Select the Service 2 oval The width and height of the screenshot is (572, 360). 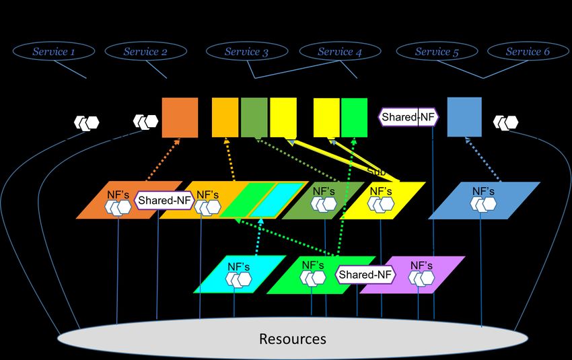coord(145,51)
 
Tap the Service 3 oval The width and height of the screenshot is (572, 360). coord(246,51)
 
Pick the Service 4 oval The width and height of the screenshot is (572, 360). coord(339,51)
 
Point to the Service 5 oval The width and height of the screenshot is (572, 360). coord(437,51)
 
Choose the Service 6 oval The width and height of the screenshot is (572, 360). coord(528,51)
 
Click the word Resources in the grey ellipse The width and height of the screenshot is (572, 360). coord(293,338)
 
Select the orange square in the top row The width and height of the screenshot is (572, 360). coord(180,118)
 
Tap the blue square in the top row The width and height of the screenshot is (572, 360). coord(464,117)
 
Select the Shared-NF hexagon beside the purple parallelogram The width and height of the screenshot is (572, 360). coord(365,275)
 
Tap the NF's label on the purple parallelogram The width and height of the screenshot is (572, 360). coord(421,266)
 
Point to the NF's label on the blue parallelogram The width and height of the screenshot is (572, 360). coord(483,191)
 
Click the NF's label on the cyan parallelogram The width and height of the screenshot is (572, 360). coord(238,266)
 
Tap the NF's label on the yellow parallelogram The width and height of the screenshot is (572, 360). coord(381,191)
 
